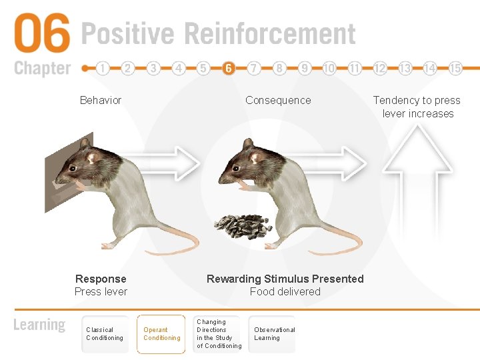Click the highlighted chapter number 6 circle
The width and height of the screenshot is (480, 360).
pyautogui.click(x=229, y=68)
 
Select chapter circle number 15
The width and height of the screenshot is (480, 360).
pyautogui.click(x=455, y=68)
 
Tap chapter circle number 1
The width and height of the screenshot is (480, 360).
pyautogui.click(x=103, y=68)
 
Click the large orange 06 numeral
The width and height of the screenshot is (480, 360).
pyautogui.click(x=41, y=35)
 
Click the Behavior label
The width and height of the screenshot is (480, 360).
pyautogui.click(x=101, y=100)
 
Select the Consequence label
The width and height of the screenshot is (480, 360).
pyautogui.click(x=278, y=100)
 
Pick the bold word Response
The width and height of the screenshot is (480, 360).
pyautogui.click(x=101, y=279)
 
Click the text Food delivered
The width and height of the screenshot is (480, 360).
pyautogui.click(x=285, y=291)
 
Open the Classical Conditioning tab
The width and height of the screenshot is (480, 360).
pyautogui.click(x=105, y=334)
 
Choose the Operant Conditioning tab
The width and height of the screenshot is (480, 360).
pyautogui.click(x=161, y=334)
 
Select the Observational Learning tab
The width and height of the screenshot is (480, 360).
pyautogui.click(x=274, y=334)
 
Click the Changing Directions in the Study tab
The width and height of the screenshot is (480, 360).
pyautogui.click(x=219, y=334)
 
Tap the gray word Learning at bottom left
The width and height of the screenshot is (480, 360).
pyautogui.click(x=39, y=325)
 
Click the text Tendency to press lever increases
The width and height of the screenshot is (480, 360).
pyautogui.click(x=417, y=107)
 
